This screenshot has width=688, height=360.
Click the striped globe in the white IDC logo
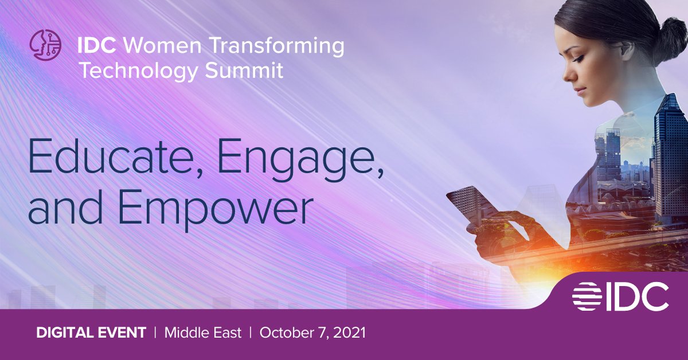(x=588, y=296)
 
